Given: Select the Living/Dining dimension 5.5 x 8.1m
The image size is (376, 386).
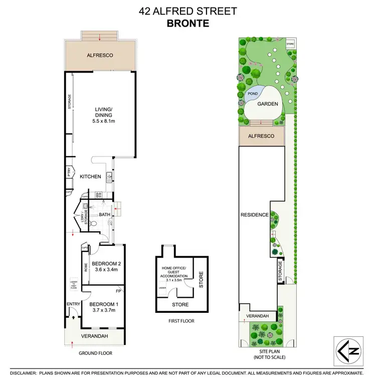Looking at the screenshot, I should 104,121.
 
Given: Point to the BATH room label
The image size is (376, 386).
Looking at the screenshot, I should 104,215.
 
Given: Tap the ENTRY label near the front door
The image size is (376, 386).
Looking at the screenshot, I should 73,304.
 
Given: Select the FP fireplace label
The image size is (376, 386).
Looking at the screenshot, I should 118,290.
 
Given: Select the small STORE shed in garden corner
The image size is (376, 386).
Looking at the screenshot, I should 290,44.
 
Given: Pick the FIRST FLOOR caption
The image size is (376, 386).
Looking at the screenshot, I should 181,321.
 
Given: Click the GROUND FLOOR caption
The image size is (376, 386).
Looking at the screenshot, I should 95,353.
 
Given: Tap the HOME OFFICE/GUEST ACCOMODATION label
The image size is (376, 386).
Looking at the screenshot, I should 174,272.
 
